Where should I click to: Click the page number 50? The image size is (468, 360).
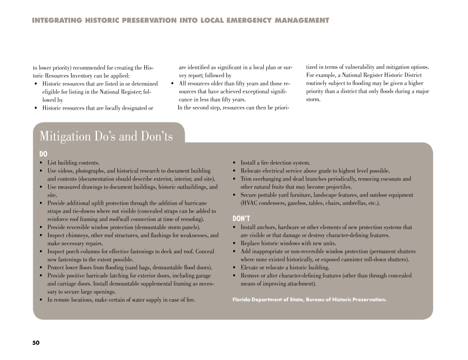(36, 343)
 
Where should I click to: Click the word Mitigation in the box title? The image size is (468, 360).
(65, 136)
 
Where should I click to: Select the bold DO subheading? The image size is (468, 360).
(43, 154)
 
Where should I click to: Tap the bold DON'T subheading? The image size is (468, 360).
(241, 218)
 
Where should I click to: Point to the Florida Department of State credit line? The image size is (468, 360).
(309, 300)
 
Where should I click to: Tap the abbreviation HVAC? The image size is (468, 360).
(249, 203)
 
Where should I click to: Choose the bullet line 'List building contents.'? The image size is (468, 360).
(73, 163)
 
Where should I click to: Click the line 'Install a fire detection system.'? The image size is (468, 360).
(275, 163)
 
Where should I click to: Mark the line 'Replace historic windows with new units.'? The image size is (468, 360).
(288, 244)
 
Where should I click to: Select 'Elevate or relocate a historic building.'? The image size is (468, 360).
(285, 267)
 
